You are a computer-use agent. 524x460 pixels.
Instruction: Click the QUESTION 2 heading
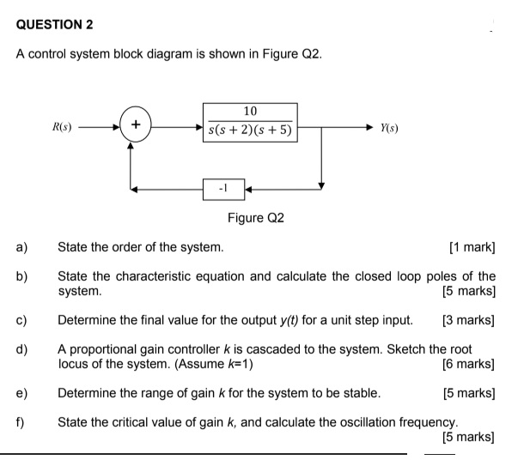[x=55, y=24]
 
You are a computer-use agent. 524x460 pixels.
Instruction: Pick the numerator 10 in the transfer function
[x=250, y=112]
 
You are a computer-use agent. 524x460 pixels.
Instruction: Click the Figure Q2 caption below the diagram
[x=255, y=218]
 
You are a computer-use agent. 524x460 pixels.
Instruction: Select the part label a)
[x=21, y=248]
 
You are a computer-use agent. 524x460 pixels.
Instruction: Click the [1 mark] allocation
[x=472, y=248]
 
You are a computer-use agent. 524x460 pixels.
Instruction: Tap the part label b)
[x=21, y=276]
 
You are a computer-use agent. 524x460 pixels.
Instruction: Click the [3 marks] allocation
[x=468, y=321]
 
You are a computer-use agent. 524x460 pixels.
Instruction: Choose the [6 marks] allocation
[x=468, y=364]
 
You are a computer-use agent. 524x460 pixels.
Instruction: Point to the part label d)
[x=21, y=349]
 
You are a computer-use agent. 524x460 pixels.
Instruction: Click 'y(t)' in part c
[x=297, y=321]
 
